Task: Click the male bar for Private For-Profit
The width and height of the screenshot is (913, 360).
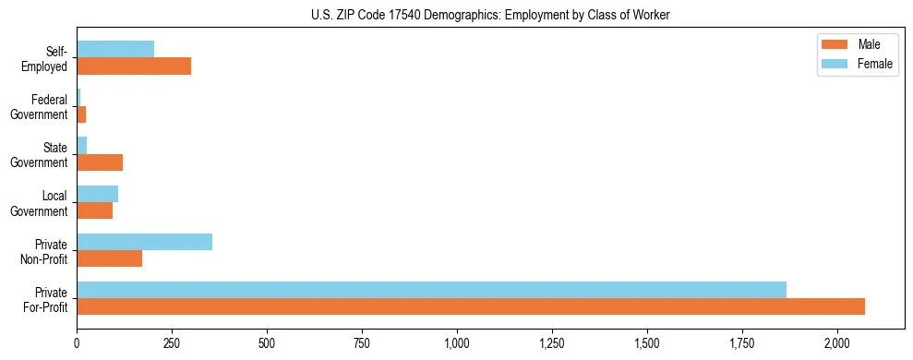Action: coord(471,306)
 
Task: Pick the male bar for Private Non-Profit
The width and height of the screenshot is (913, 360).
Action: coord(109,258)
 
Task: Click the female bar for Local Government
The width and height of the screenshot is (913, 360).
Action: coord(97,194)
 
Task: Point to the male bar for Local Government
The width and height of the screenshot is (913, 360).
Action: coord(94,210)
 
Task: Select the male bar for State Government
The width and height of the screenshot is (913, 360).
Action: coord(100,162)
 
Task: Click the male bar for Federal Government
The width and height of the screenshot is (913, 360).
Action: coord(81,114)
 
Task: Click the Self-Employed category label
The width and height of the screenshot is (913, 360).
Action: coord(49,58)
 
